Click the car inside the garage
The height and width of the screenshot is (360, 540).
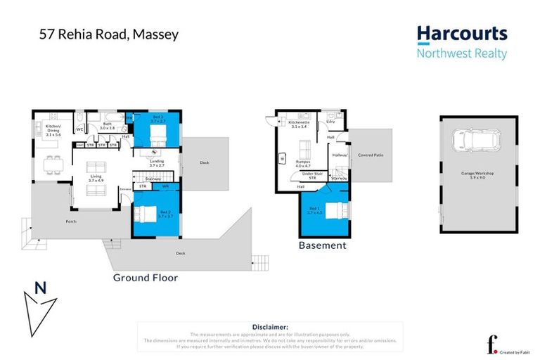475,141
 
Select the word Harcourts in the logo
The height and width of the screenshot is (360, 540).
461,34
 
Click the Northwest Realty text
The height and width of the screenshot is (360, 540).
461,53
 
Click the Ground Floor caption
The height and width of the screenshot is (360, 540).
146,278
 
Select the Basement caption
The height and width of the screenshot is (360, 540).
322,245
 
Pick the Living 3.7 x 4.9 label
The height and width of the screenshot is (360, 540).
96,179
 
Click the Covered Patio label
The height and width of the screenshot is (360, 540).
370,155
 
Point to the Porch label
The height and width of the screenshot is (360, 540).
71,221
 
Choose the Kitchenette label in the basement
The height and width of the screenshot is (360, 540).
299,124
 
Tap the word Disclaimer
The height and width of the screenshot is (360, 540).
269,327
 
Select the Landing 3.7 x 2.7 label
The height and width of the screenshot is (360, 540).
157,163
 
